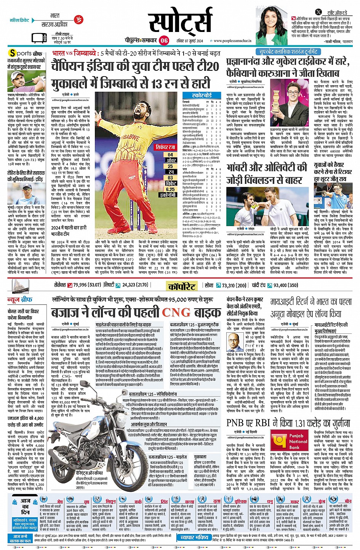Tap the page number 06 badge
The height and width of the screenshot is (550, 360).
pos(164,40)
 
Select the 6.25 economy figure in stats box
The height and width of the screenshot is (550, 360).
pos(170,189)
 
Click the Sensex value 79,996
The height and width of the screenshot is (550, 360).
pos(80,285)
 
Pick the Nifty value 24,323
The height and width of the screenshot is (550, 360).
pos(130,285)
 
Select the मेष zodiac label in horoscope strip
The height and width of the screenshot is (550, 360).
pos(60,502)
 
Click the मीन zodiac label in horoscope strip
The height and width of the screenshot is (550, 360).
pos(348,501)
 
